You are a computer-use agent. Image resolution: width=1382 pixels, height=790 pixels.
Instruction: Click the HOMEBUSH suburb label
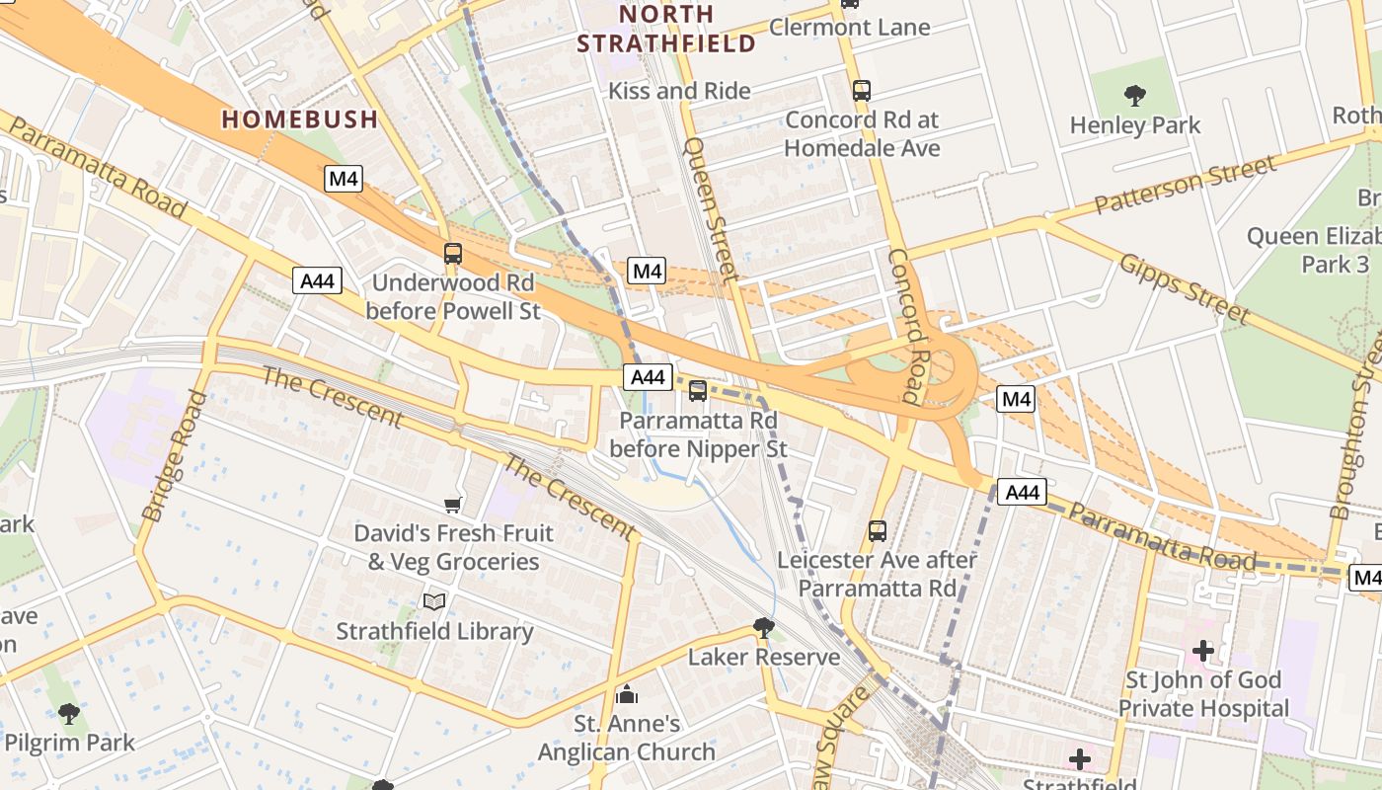click(x=299, y=119)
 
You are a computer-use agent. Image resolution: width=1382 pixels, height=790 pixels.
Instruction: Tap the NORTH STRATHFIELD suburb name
click(x=665, y=29)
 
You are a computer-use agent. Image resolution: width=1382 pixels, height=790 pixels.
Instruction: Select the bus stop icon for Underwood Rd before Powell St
click(x=453, y=254)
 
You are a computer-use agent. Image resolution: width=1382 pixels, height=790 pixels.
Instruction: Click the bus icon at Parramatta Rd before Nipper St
click(x=698, y=391)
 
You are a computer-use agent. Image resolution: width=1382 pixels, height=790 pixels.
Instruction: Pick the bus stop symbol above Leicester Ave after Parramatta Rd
click(x=878, y=531)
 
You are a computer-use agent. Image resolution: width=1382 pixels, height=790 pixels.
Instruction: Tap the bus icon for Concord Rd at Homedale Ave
click(x=862, y=91)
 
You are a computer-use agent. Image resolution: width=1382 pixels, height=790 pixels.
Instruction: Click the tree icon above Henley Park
click(x=1135, y=96)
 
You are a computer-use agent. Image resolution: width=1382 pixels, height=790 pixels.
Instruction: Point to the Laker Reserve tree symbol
click(x=764, y=627)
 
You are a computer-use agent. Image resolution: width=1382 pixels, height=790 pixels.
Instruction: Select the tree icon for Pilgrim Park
click(x=68, y=713)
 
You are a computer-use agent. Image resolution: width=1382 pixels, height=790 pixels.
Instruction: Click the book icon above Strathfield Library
click(x=434, y=601)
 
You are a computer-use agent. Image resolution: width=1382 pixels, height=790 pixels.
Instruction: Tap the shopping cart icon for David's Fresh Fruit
click(x=453, y=506)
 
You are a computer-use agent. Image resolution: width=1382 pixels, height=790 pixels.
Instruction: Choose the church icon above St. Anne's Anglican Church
click(x=627, y=694)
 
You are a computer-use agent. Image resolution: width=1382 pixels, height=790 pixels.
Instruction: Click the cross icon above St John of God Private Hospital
click(x=1203, y=651)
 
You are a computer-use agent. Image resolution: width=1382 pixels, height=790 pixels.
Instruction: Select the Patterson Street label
click(x=1185, y=185)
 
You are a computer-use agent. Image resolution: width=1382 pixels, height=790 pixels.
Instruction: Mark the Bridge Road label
click(x=174, y=455)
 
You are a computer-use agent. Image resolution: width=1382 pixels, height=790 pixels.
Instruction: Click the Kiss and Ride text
click(x=679, y=91)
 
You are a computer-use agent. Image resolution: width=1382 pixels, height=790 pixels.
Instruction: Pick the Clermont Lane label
click(x=849, y=27)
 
